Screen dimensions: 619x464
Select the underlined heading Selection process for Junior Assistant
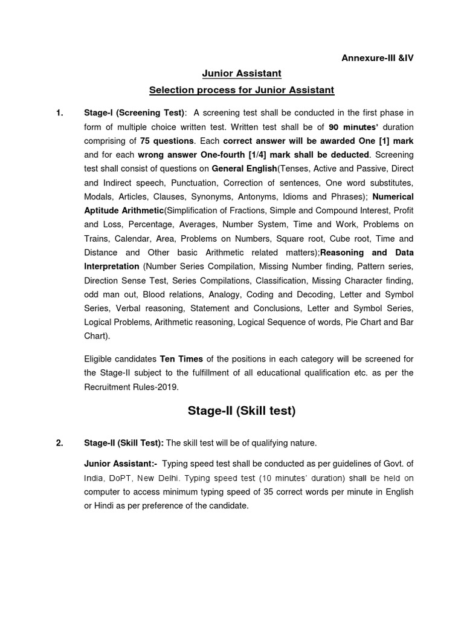pyautogui.click(x=242, y=90)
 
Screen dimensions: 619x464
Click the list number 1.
pyautogui.click(x=59, y=112)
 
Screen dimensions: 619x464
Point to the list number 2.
pyautogui.click(x=59, y=443)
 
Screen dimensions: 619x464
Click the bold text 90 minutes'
pyautogui.click(x=352, y=126)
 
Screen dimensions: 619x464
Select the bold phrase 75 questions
pyautogui.click(x=167, y=140)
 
